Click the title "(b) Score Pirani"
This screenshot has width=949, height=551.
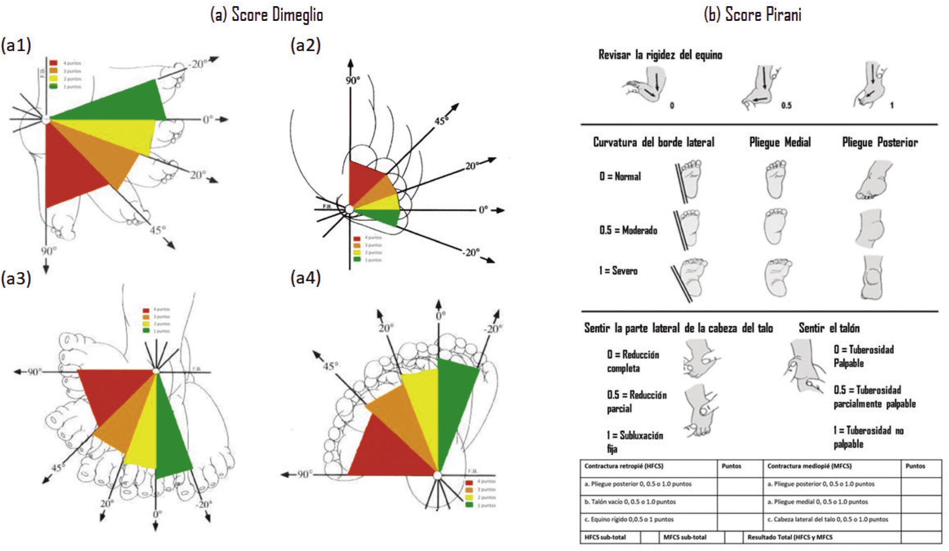[x=753, y=15]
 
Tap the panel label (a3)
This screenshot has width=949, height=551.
[x=16, y=279]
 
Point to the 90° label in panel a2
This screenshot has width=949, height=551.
[x=353, y=80]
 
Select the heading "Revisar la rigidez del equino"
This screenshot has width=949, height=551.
[x=660, y=55]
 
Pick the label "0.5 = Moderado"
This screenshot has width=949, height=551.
[x=628, y=230]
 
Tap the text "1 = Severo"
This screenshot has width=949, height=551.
[x=618, y=271]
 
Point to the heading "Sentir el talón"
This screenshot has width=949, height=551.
[x=829, y=328]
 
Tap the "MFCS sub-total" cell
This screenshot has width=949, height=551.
[x=685, y=537]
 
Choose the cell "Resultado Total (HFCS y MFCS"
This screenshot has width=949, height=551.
[x=790, y=537]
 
